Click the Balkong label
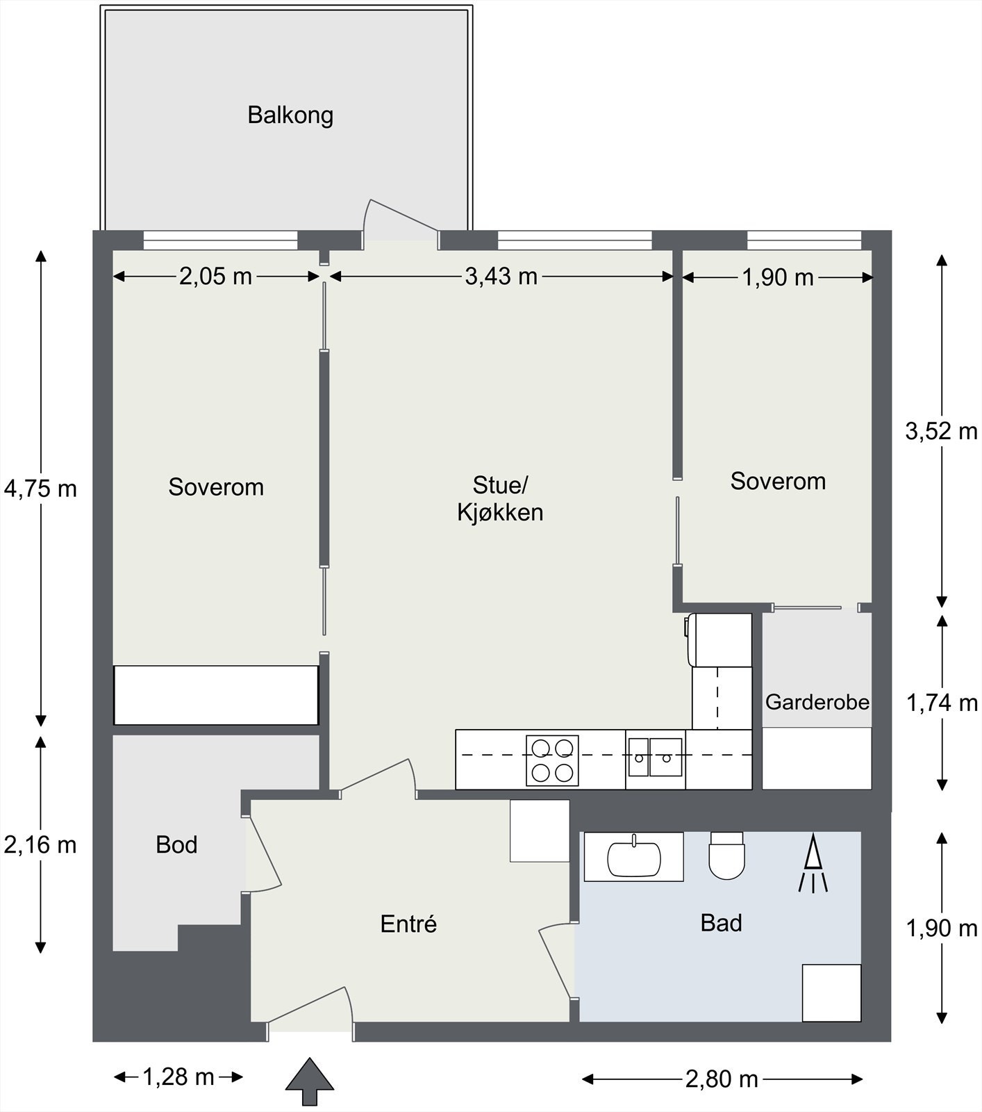point(290,115)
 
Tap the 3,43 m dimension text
point(501,277)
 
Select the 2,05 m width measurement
point(215,277)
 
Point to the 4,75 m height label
point(40,489)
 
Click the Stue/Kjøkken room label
point(500,498)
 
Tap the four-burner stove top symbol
point(552,760)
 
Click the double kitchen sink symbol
point(655,757)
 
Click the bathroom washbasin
point(634,858)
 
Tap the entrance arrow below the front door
point(310,1081)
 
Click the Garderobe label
point(817,702)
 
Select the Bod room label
point(176,844)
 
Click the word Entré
point(408,924)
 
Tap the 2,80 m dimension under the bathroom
point(722,1079)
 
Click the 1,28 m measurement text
point(178,1077)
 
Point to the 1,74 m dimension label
point(942,703)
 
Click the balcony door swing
point(399,219)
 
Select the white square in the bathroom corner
point(831,992)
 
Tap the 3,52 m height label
point(941,432)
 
